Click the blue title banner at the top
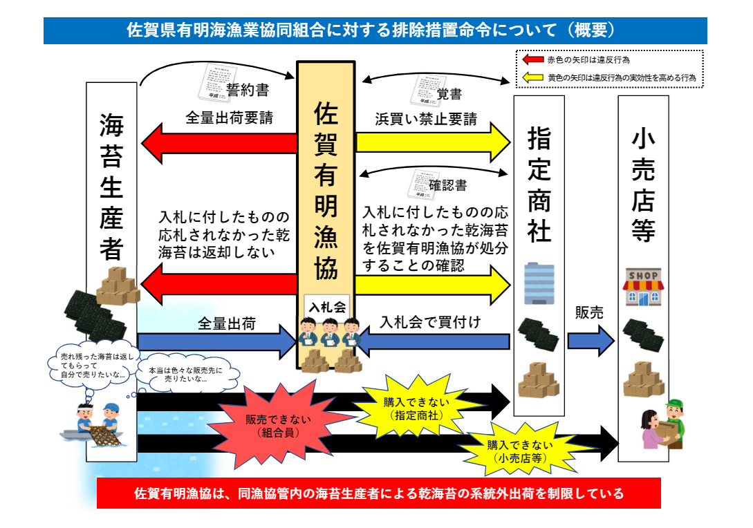(375, 31)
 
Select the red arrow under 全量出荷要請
(219, 142)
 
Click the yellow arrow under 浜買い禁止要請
(434, 142)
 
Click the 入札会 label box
(326, 306)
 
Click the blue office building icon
(538, 283)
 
